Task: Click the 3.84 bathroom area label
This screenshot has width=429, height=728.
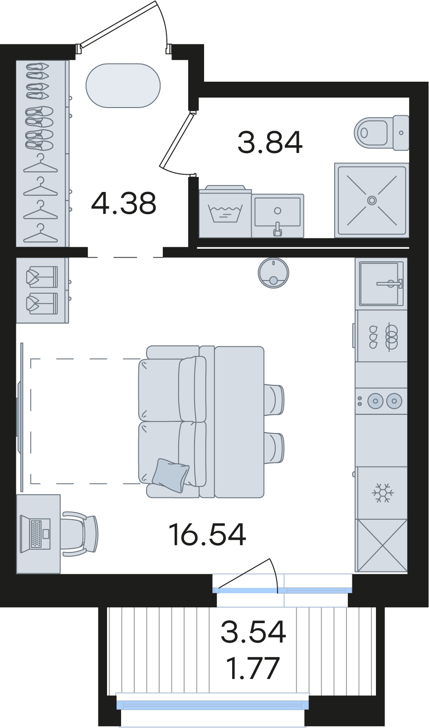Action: (270, 143)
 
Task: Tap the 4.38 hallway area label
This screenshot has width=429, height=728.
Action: (124, 203)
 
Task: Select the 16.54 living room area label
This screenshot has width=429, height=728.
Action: (208, 535)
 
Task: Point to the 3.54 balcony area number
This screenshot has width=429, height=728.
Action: (253, 631)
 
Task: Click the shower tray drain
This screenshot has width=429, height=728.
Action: (372, 200)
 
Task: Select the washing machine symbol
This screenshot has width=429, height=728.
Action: (225, 211)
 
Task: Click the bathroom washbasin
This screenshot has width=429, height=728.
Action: (278, 216)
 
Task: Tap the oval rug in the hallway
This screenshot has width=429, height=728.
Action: (123, 85)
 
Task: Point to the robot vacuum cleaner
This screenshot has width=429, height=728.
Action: (273, 273)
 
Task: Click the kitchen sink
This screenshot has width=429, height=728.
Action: (381, 284)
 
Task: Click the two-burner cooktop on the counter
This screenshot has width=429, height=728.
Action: (381, 401)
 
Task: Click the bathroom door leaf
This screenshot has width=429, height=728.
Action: (178, 139)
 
